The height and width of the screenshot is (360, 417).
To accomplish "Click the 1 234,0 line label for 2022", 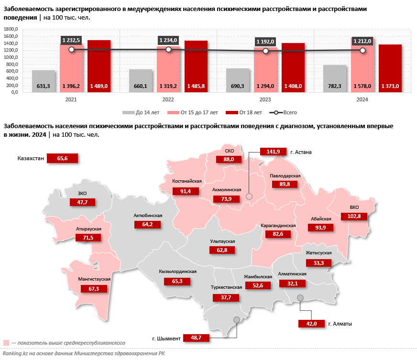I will click(168, 41).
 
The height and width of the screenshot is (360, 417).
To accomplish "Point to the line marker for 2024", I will click(362, 50).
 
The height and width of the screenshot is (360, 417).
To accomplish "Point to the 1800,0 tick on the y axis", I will click(11, 29).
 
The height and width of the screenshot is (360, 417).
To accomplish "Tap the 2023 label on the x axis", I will click(265, 100).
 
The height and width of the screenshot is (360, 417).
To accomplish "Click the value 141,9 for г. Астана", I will click(273, 152).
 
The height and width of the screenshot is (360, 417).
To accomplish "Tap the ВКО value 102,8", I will click(354, 217).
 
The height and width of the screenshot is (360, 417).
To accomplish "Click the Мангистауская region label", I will click(94, 279).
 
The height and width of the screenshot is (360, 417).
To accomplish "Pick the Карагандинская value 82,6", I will click(279, 234).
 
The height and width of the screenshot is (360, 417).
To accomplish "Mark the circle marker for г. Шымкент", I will click(236, 320).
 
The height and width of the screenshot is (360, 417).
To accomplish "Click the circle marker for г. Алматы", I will click(300, 298).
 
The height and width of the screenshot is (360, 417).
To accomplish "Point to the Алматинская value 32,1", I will click(292, 284).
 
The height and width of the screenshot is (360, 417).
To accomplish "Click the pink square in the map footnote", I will click(6, 342).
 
